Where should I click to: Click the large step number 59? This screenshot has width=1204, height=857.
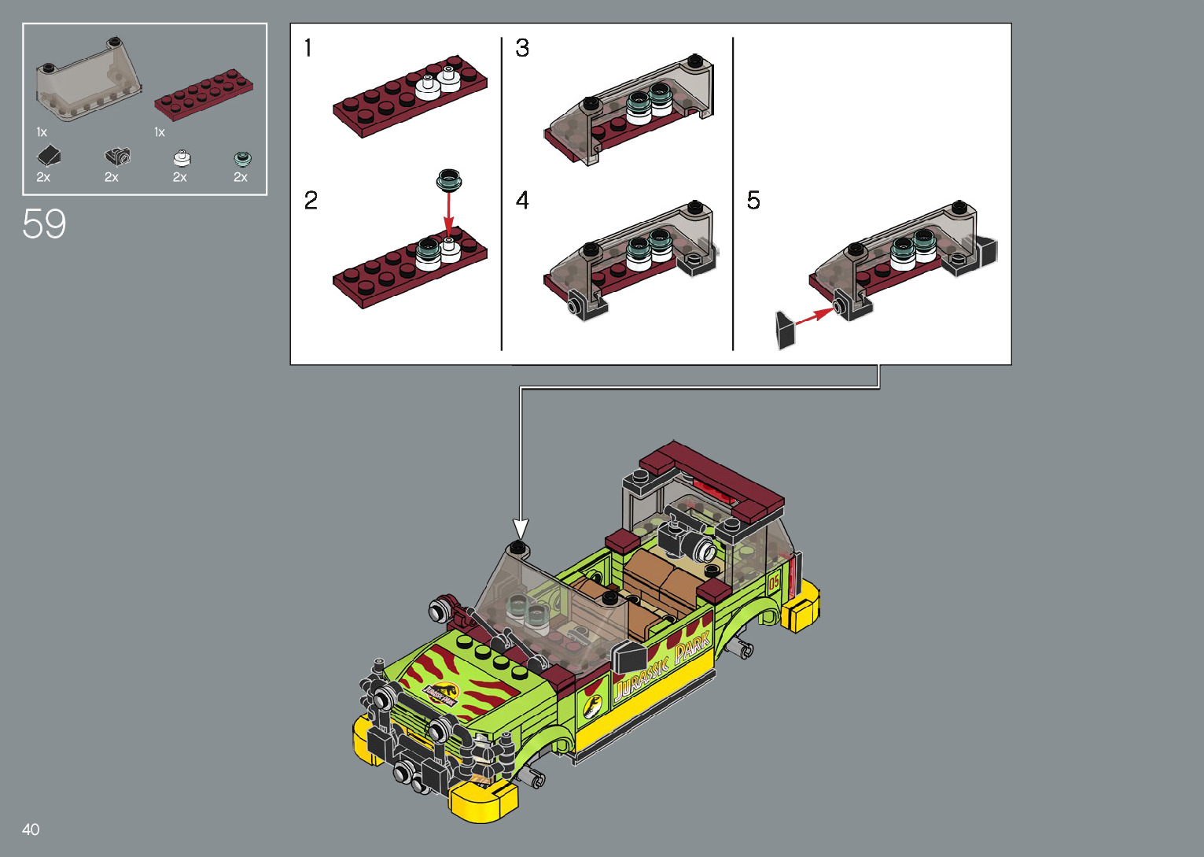44,223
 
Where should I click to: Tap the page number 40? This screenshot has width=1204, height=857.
31,829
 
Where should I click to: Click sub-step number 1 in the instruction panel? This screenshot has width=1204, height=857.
307,47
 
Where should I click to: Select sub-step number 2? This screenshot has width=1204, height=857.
311,200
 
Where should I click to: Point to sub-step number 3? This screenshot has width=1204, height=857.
522,47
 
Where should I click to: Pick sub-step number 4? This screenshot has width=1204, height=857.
522,200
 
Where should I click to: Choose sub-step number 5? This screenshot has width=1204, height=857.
753,200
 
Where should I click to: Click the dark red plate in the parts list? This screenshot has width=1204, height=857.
204,94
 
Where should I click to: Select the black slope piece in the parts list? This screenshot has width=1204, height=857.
49,156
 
